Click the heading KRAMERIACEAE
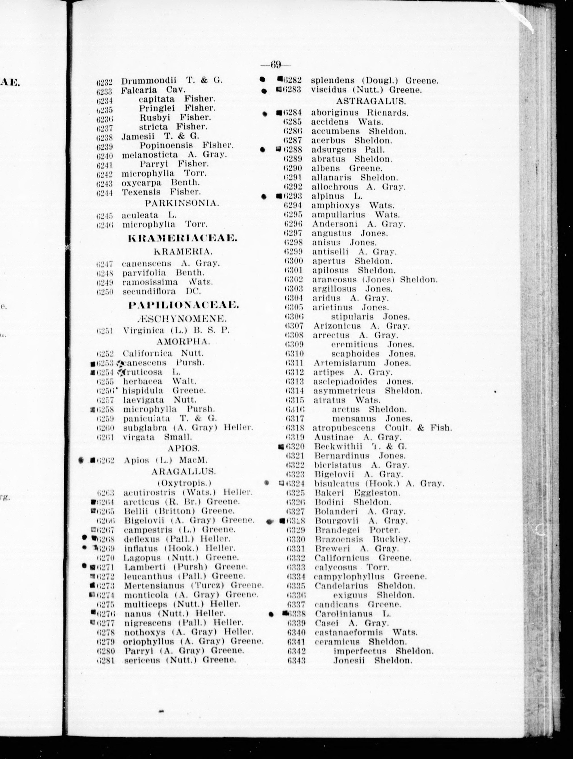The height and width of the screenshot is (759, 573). [x=182, y=238]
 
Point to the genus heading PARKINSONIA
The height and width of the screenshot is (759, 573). [x=182, y=203]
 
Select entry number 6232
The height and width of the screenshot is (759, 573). [x=104, y=82]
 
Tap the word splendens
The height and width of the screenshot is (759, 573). [x=333, y=80]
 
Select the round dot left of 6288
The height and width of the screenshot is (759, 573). [x=263, y=150]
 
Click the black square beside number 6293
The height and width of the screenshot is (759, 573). [x=279, y=196]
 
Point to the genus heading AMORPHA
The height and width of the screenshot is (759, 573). [x=183, y=342]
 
